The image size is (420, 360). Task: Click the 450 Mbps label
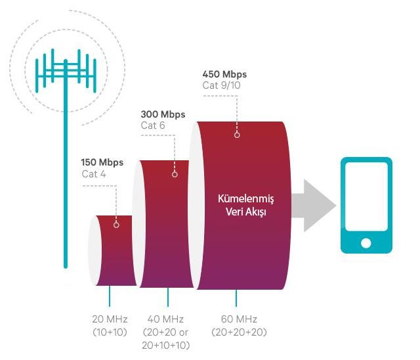coord(225,74)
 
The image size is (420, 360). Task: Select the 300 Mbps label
coord(163,114)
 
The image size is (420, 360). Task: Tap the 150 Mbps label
coord(102,162)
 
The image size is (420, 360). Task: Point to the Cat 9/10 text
coord(222,86)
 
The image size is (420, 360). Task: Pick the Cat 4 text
coord(93,174)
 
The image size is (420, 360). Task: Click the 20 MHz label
coord(110,319)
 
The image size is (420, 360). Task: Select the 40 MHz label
coord(167,319)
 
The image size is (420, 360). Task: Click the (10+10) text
coord(110,332)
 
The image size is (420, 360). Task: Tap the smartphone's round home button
coord(366,243)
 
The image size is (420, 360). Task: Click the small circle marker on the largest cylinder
coord(236,135)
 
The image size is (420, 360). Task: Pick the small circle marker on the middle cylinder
coord(175,174)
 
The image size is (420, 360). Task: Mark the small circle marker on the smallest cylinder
coord(116,224)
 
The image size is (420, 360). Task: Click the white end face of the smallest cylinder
coord(94,250)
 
